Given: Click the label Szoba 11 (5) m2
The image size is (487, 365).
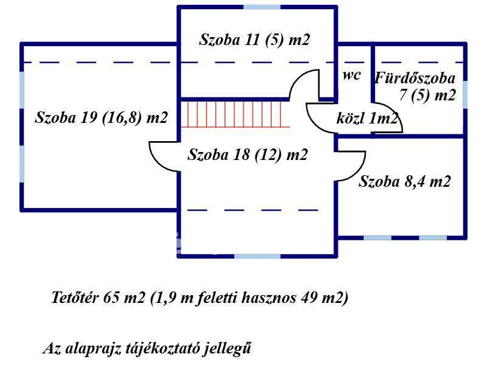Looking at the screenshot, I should pyautogui.click(x=254, y=40).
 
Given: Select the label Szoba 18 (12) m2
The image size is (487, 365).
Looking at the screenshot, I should pyautogui.click(x=248, y=155).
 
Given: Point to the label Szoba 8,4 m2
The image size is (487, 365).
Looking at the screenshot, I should pyautogui.click(x=405, y=181).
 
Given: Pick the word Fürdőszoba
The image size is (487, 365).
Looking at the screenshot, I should pyautogui.click(x=415, y=78).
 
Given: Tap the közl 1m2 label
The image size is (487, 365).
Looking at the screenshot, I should pyautogui.click(x=367, y=119).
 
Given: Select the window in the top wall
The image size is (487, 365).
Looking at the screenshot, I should pyautogui.click(x=262, y=7).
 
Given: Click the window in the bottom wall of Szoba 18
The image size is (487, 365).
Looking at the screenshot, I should pyautogui.click(x=258, y=256).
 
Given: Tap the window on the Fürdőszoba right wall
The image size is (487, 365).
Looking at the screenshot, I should pyautogui.click(x=465, y=94).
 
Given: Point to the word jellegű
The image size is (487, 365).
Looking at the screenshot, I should pyautogui.click(x=229, y=349).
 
